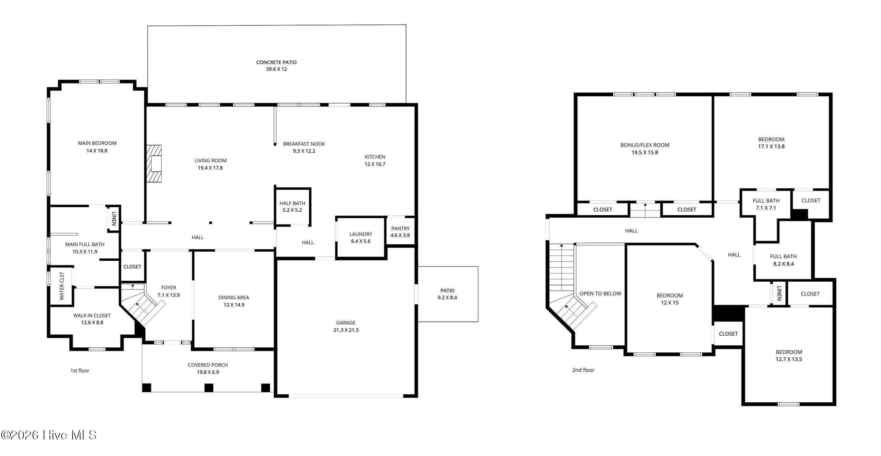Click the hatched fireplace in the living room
coord(154,164)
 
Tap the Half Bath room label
coord(292,203)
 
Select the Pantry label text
coord(400,228)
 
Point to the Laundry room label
coord(361,234)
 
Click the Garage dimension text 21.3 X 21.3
coord(346,330)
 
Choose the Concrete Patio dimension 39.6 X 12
coord(277,69)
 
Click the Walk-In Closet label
coord(92,315)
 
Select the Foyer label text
coord(169,287)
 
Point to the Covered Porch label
coord(208,365)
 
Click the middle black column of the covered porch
coord(209,388)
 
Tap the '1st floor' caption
coord(80,370)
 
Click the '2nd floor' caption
coord(583,370)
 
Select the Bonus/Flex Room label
coord(645,145)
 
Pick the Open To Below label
coord(601,294)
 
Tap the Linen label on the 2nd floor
coord(779,293)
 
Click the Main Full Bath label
coord(85,245)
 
